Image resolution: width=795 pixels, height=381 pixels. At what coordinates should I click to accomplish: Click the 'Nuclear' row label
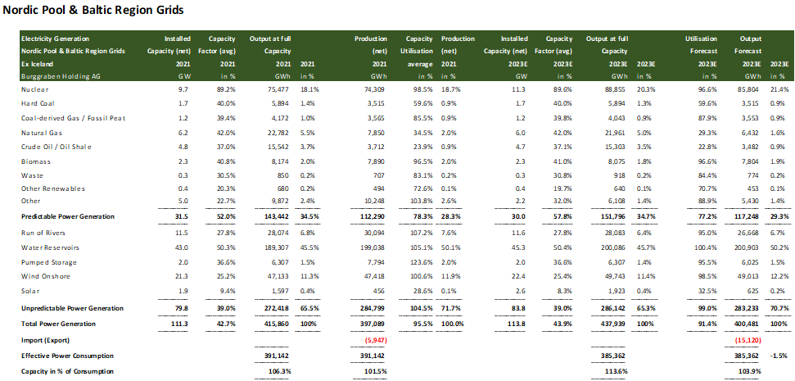(x=35, y=88)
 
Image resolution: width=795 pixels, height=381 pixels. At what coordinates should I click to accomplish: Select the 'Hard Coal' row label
(x=40, y=103)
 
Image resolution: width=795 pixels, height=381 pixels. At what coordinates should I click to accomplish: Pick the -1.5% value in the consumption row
(x=779, y=357)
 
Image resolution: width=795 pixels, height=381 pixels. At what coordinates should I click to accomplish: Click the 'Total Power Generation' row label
(x=63, y=323)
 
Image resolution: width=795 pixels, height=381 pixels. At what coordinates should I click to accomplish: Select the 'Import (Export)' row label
(x=47, y=339)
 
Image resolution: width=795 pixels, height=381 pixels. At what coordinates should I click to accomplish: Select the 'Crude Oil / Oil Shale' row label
(x=57, y=147)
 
